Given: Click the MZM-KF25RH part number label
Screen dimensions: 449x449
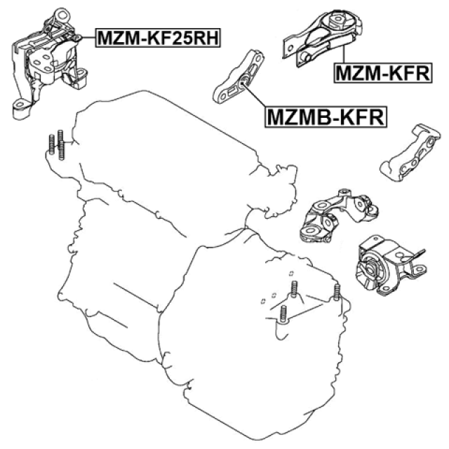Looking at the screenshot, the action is click(158, 37).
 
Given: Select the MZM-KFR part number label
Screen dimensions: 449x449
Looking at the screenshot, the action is click(383, 73).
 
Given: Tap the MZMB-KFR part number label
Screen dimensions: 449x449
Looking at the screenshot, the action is click(326, 116).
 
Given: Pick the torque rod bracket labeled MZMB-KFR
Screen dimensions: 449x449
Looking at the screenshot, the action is click(239, 76).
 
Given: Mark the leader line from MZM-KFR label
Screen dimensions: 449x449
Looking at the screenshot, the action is click(343, 53).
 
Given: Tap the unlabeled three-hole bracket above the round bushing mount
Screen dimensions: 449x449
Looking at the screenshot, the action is click(339, 215).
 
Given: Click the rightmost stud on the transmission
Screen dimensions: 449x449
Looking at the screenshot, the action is click(337, 292).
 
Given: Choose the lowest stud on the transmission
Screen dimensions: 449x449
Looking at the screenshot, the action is click(283, 314).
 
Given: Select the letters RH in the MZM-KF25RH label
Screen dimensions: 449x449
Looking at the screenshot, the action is click(206, 37).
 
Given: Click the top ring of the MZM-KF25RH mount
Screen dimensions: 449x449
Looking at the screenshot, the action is click(62, 14).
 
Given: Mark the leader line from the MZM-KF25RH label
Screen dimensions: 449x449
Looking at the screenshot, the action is click(88, 37).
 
